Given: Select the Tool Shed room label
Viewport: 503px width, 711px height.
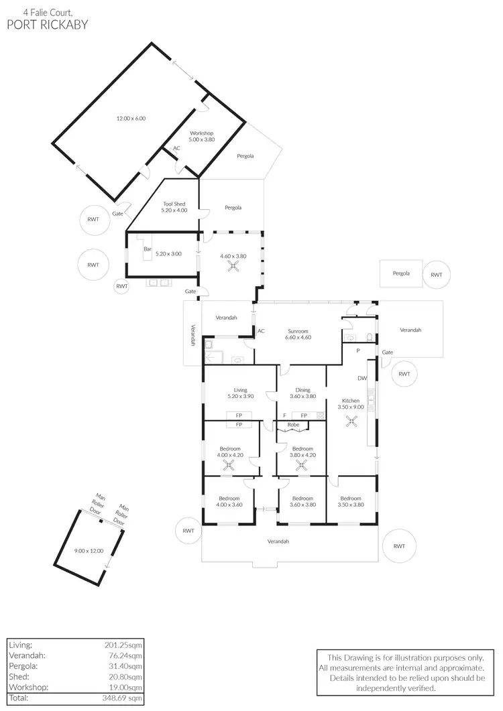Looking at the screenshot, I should click(174, 207).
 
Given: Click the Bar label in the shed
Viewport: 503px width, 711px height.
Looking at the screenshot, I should click(147, 249).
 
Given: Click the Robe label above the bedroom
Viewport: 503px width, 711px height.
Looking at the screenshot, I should click(293, 425).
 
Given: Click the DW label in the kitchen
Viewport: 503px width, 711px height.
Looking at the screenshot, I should click(362, 379).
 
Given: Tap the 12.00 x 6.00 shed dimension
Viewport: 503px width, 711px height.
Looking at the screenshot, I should click(131, 119).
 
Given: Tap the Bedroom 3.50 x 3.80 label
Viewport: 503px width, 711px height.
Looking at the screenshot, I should click(351, 502).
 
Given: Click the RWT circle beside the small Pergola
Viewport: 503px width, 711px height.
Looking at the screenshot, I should click(437, 274).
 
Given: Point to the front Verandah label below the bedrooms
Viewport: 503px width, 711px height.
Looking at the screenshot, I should click(278, 541).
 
